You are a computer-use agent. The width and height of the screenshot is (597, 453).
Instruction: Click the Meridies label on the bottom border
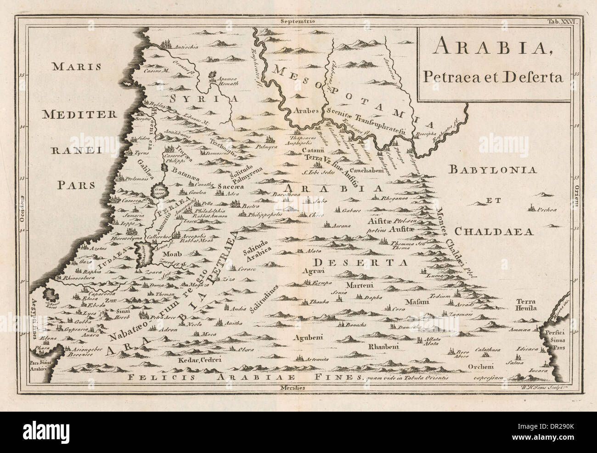298,388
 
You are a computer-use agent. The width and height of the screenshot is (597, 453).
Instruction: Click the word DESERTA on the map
361,263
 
